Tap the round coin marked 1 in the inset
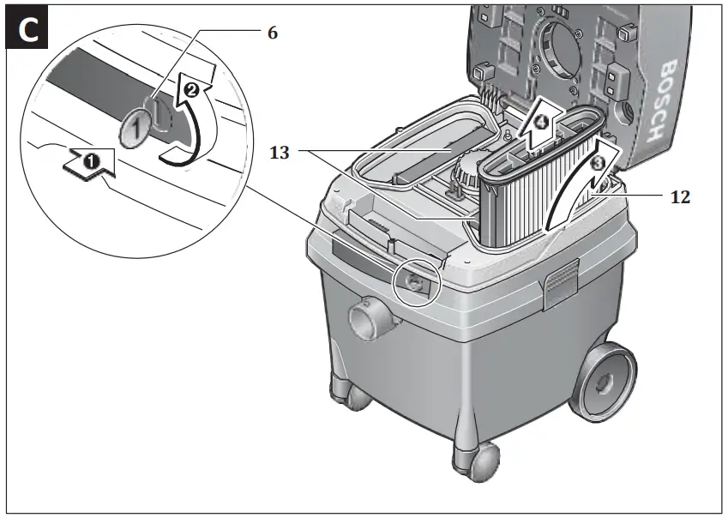[134, 129]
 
